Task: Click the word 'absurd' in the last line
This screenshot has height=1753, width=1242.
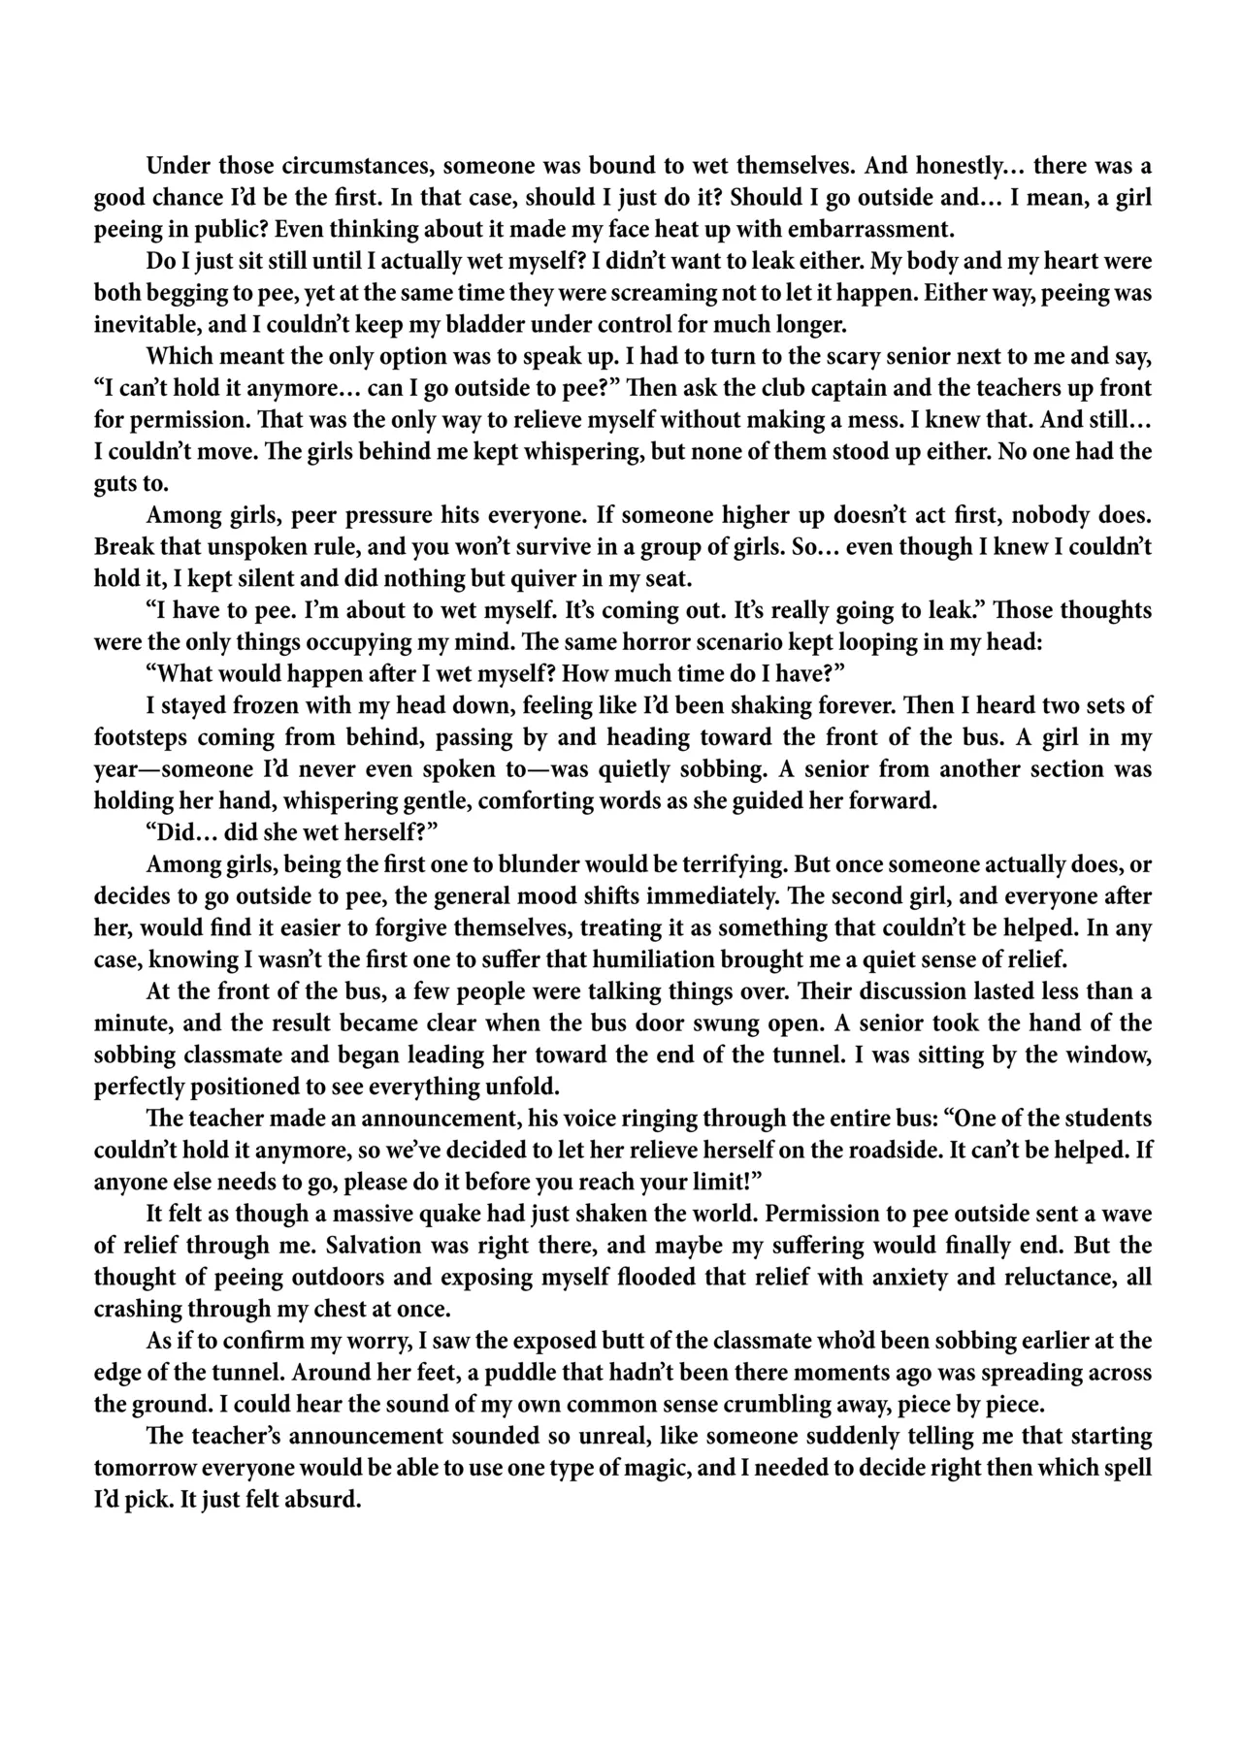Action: pyautogui.click(x=326, y=1500)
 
